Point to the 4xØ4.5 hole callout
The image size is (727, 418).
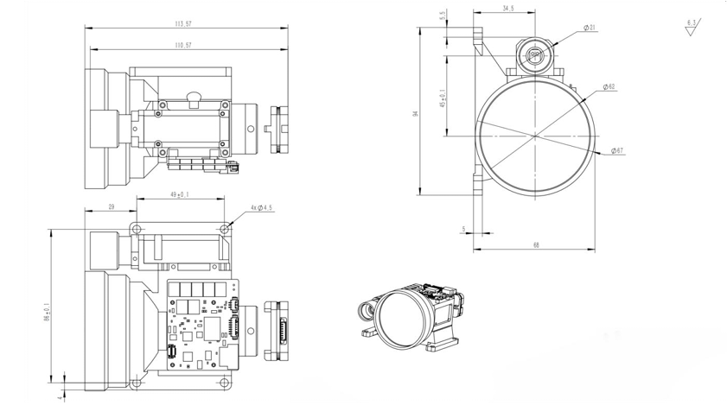click(x=259, y=208)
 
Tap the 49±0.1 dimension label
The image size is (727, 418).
click(x=180, y=194)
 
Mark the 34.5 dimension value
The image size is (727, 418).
click(x=507, y=9)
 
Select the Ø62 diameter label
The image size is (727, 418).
click(x=609, y=86)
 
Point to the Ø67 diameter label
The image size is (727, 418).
click(x=617, y=151)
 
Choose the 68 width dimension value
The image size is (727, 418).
click(x=536, y=246)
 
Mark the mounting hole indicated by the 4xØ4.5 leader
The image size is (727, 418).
click(x=226, y=230)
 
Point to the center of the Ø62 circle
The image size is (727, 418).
click(x=536, y=135)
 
